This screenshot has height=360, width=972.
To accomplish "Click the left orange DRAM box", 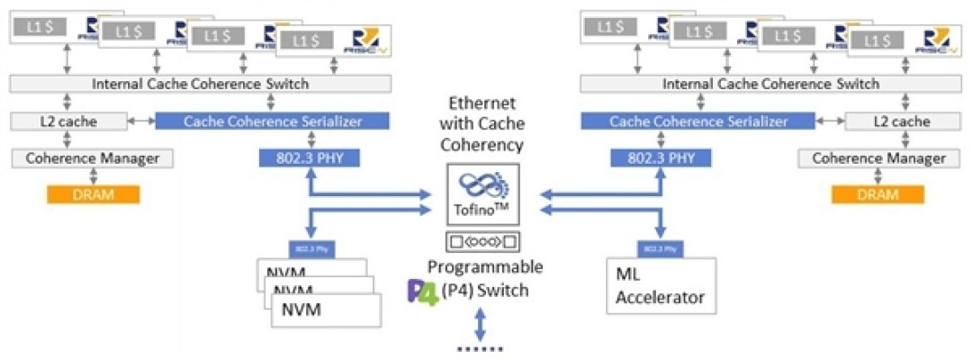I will [94, 194].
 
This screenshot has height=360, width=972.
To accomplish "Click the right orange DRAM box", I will [878, 194].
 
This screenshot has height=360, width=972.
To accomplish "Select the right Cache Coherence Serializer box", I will [698, 121].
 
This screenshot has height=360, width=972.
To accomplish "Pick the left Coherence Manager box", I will [92, 158].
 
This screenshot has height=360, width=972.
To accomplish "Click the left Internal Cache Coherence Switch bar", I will [201, 84].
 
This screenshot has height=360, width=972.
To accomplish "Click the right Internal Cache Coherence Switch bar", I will [770, 84].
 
